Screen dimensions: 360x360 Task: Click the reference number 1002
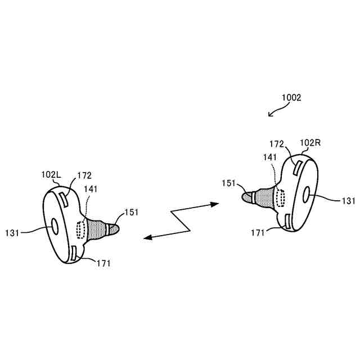pyautogui.click(x=291, y=97)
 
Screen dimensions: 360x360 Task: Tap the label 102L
pyautogui.click(x=51, y=175)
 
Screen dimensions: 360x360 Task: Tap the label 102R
pyautogui.click(x=310, y=143)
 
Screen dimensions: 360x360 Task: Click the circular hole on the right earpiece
pyautogui.click(x=307, y=195)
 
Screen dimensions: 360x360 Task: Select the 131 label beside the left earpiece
pyautogui.click(x=13, y=232)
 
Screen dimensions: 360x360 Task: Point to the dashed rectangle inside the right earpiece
pyautogui.click(x=279, y=197)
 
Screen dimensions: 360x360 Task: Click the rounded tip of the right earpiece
pyautogui.click(x=247, y=196)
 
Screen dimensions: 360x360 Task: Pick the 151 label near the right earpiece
pyautogui.click(x=229, y=183)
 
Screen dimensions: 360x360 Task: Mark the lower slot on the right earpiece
pyautogui.click(x=288, y=222)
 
